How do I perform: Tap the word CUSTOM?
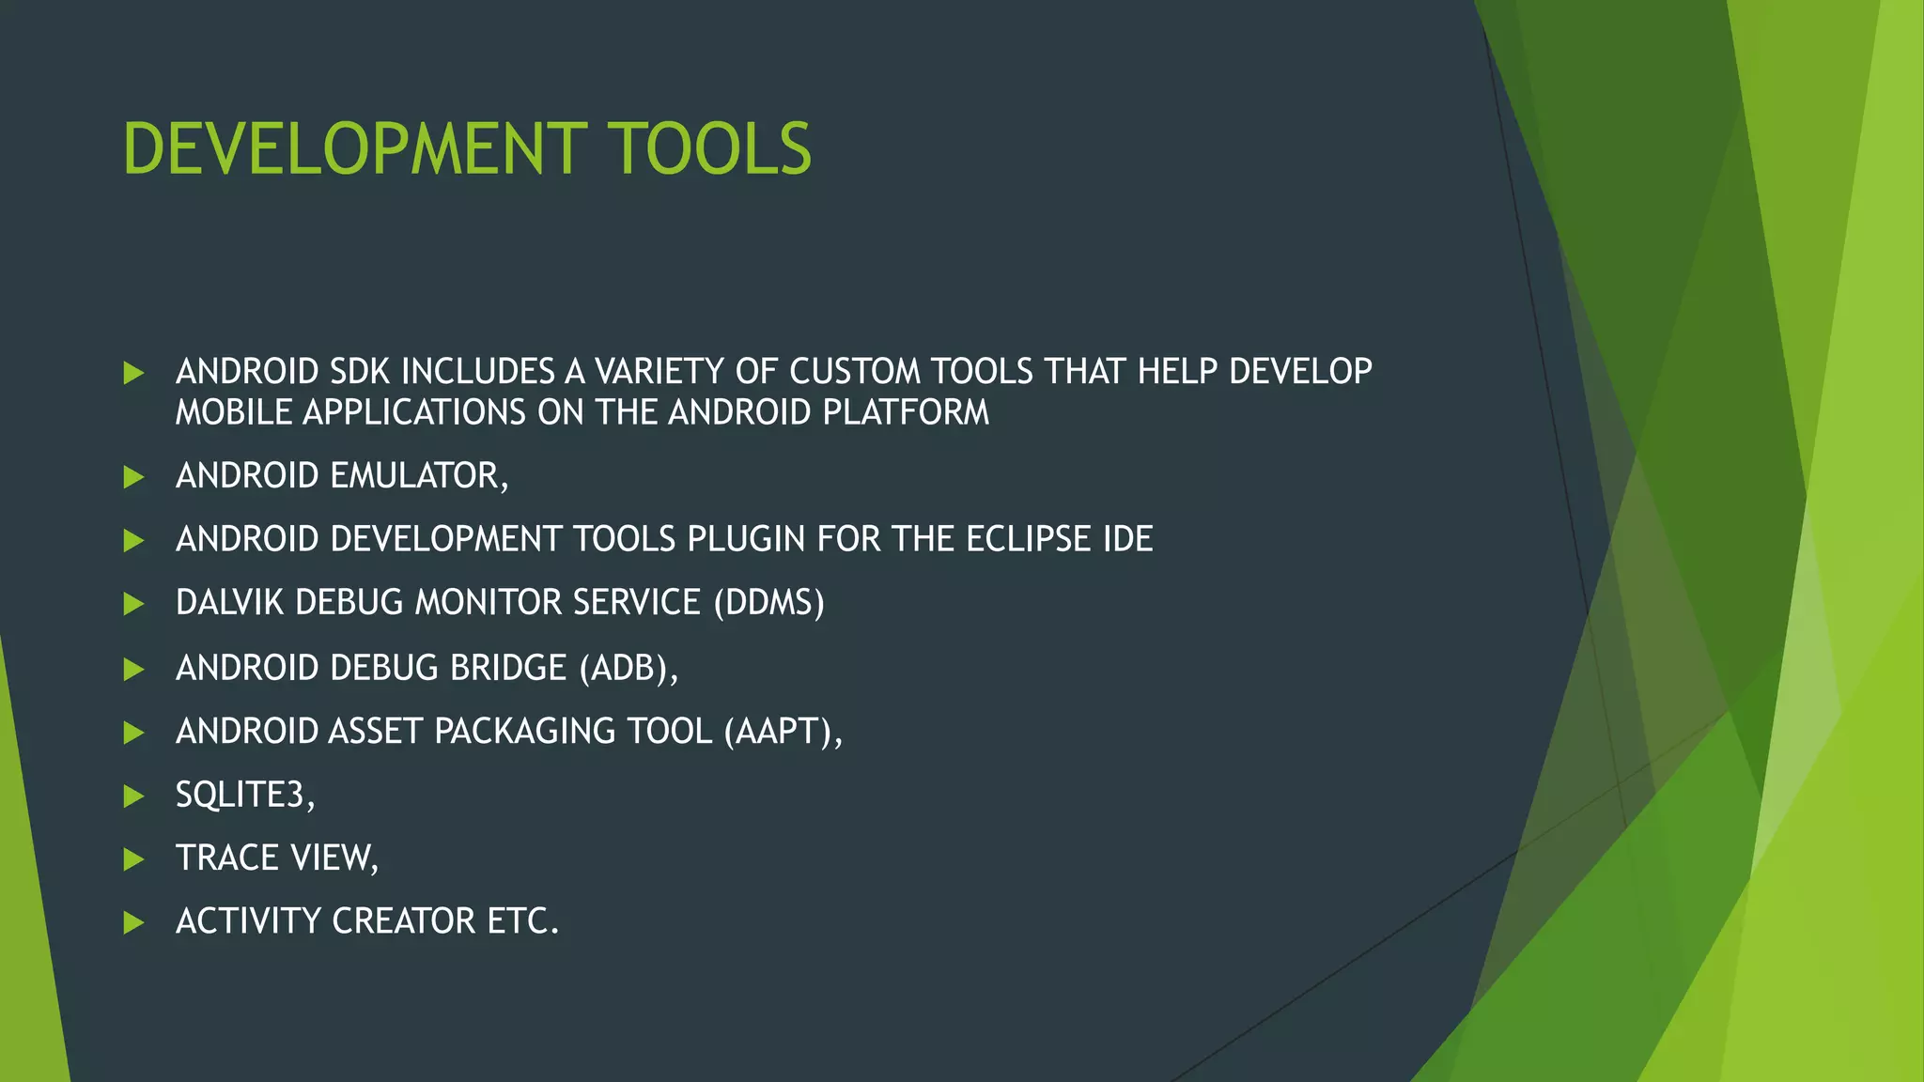[x=855, y=372]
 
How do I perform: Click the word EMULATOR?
[x=419, y=476]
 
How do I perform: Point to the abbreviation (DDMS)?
[x=768, y=602]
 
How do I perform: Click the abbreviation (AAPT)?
[x=783, y=731]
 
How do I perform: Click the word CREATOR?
[x=403, y=920]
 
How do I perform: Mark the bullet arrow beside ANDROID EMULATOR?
[x=133, y=477]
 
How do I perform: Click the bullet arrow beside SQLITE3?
[x=133, y=796]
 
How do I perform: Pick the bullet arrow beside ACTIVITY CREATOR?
[x=133, y=922]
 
